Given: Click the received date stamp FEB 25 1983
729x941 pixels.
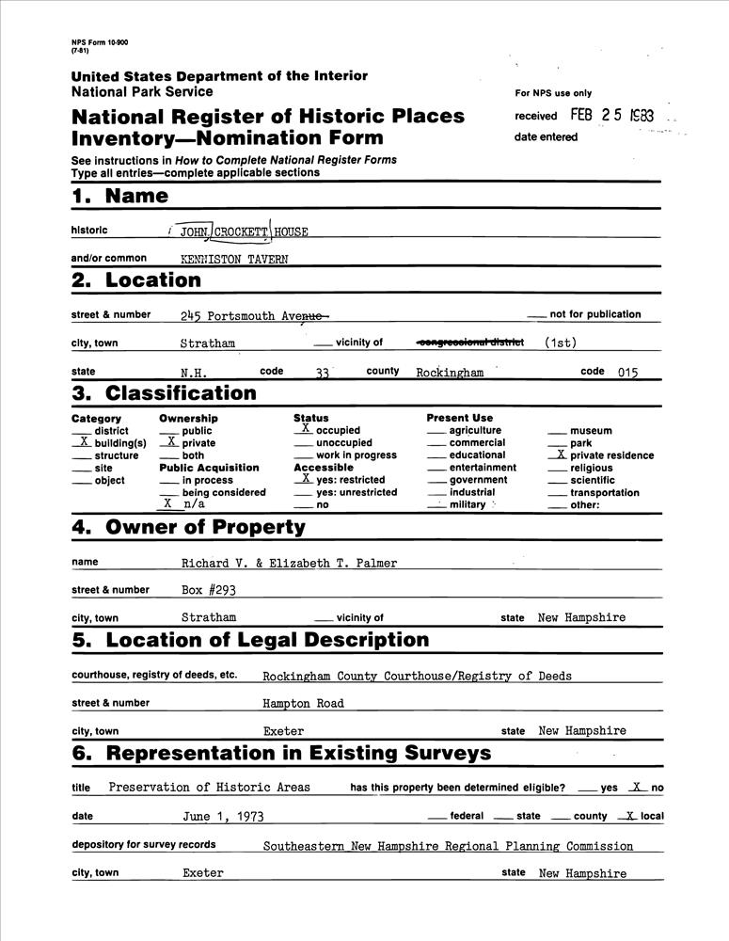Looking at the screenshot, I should (x=611, y=115).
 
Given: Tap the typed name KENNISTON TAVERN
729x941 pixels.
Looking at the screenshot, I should (x=234, y=259).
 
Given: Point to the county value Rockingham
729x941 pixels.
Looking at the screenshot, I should (x=450, y=373).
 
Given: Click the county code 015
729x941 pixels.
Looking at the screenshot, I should (x=627, y=373).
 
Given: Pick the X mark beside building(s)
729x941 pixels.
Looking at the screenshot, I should (x=84, y=441).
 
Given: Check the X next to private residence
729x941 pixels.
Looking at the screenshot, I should (x=561, y=455).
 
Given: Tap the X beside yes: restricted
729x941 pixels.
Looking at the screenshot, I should (x=306, y=479).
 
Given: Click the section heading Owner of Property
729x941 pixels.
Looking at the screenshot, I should (x=205, y=527).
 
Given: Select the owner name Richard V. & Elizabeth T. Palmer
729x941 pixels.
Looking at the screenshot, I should (x=289, y=564).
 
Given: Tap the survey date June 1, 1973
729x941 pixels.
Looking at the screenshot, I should (x=224, y=817).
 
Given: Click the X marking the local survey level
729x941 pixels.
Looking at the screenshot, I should (x=631, y=816).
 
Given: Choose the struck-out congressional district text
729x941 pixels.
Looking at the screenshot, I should (x=469, y=343).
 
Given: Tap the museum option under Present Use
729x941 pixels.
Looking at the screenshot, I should (x=591, y=431).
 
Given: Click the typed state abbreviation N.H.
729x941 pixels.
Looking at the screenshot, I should (x=195, y=373).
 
